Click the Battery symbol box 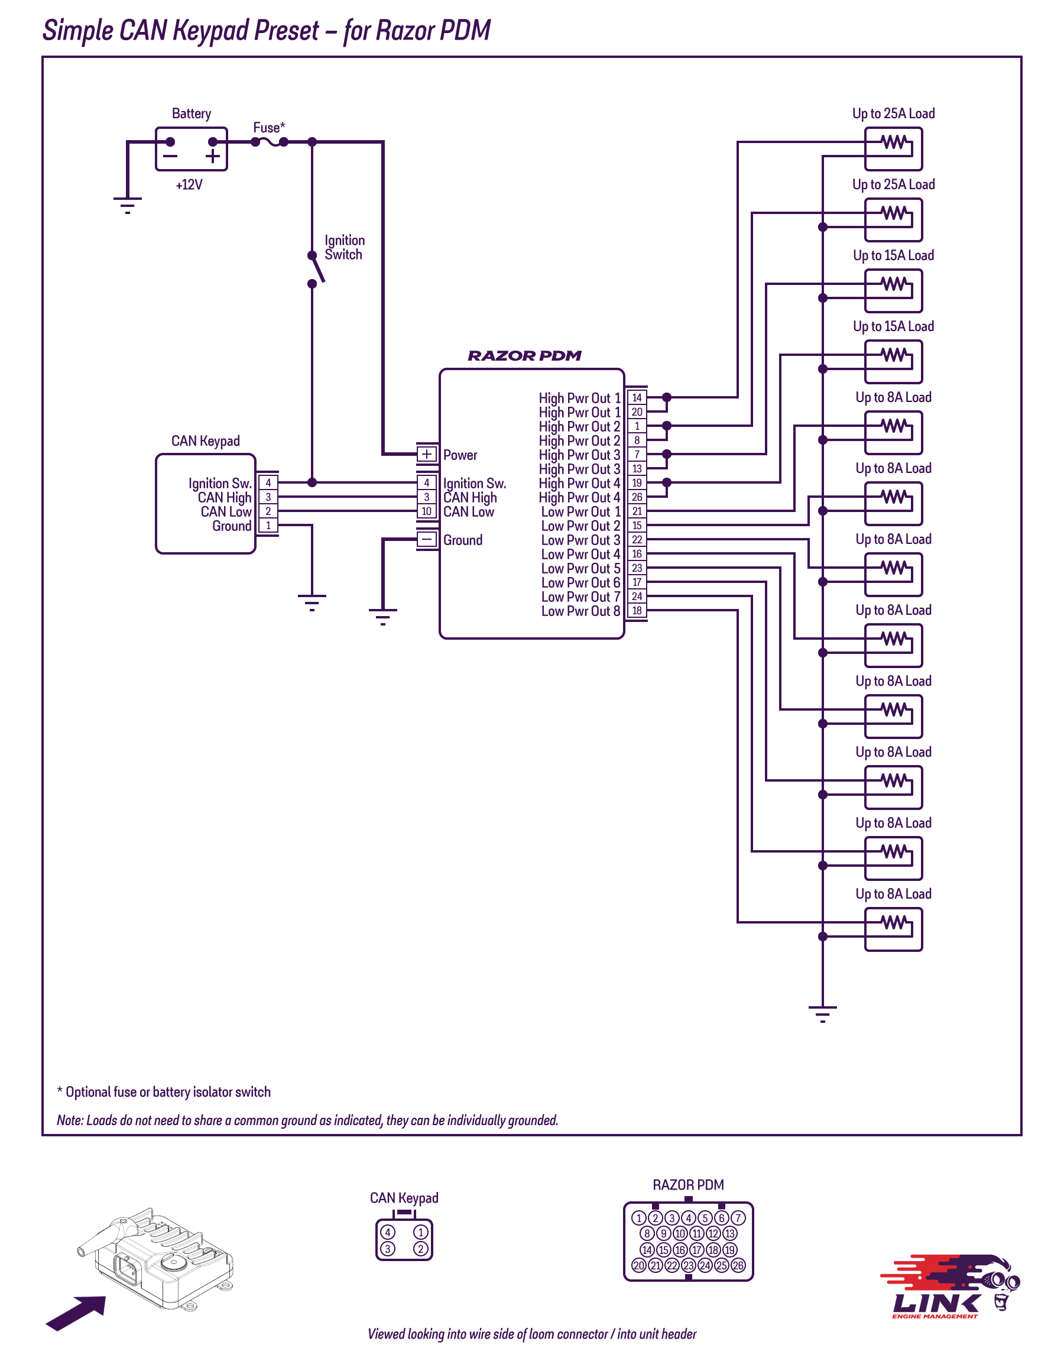click(x=192, y=150)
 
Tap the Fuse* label click(x=268, y=128)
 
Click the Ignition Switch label click(x=344, y=247)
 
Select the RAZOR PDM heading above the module click(x=524, y=356)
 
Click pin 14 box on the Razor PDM click(x=637, y=397)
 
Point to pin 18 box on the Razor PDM click(x=637, y=611)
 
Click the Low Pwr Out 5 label click(x=580, y=568)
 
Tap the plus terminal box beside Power click(x=427, y=454)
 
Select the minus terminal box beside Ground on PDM click(x=427, y=539)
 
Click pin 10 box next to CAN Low click(x=427, y=511)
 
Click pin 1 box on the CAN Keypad click(x=268, y=526)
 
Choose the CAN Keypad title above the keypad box click(x=206, y=441)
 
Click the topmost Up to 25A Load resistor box click(x=893, y=150)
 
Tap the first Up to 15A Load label click(x=893, y=255)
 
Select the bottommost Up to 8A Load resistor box click(x=893, y=929)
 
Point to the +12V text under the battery click(x=189, y=185)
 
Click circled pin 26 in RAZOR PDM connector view click(x=738, y=1265)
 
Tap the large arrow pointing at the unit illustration click(x=76, y=1313)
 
